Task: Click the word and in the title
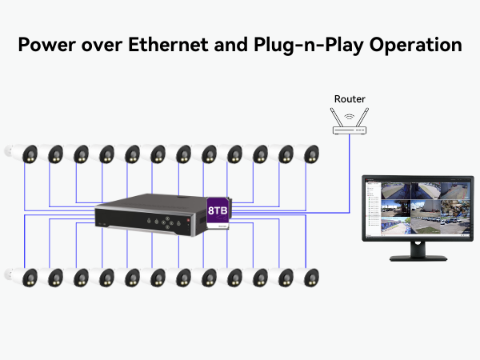coord(230,45)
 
